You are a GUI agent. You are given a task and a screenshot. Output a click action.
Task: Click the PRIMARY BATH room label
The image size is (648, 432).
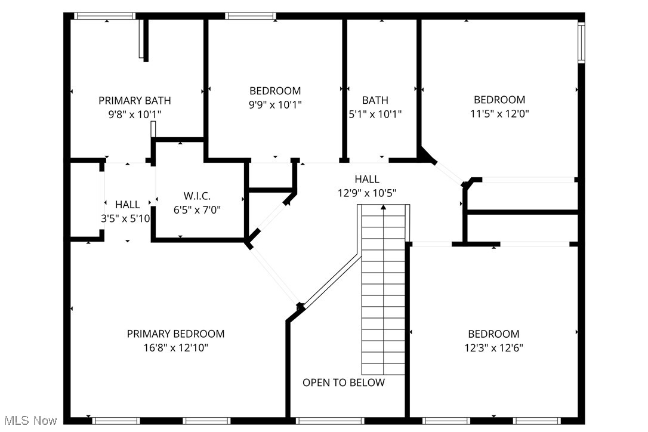pyautogui.click(x=135, y=100)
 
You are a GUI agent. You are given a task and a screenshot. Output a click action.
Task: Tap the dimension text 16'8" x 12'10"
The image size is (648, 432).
pyautogui.click(x=175, y=347)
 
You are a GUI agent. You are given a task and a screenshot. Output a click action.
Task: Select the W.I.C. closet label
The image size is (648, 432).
pyautogui.click(x=197, y=196)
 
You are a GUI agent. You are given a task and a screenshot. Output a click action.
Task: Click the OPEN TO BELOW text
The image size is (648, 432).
pyautogui.click(x=344, y=382)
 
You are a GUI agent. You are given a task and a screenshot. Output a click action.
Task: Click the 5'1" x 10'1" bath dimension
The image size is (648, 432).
pyautogui.click(x=375, y=113)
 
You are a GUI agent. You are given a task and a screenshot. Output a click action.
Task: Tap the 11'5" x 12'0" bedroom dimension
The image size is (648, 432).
pyautogui.click(x=499, y=113)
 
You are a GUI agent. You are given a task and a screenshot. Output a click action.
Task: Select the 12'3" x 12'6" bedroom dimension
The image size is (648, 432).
pyautogui.click(x=493, y=347)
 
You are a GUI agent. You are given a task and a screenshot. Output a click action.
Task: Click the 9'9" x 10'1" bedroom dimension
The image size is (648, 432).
pyautogui.click(x=275, y=104)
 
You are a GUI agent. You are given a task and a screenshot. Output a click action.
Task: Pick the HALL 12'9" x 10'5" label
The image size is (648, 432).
pyautogui.click(x=366, y=186)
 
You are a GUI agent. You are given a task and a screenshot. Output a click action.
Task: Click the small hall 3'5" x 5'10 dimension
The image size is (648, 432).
pyautogui.click(x=125, y=218)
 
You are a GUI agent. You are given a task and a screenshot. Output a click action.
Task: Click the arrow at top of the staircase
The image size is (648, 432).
pyautogui.click(x=383, y=207)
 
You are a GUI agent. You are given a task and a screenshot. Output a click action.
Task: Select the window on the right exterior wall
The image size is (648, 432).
pyautogui.click(x=581, y=41)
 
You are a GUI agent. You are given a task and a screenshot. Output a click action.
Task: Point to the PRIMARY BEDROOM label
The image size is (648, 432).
pyautogui.click(x=175, y=334)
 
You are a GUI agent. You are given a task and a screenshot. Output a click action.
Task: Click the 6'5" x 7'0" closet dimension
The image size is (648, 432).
pyautogui.click(x=197, y=209)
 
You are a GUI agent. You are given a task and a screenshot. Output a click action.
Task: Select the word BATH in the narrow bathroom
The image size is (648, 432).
pyautogui.click(x=375, y=100)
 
